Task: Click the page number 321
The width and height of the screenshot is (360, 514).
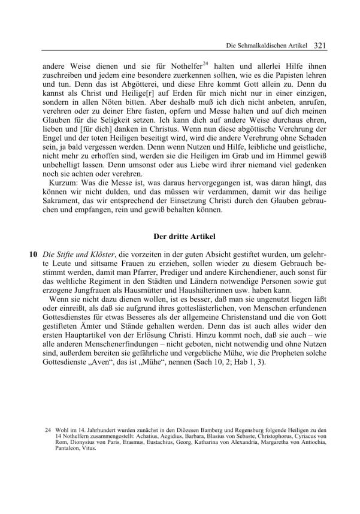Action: tap(319, 44)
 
